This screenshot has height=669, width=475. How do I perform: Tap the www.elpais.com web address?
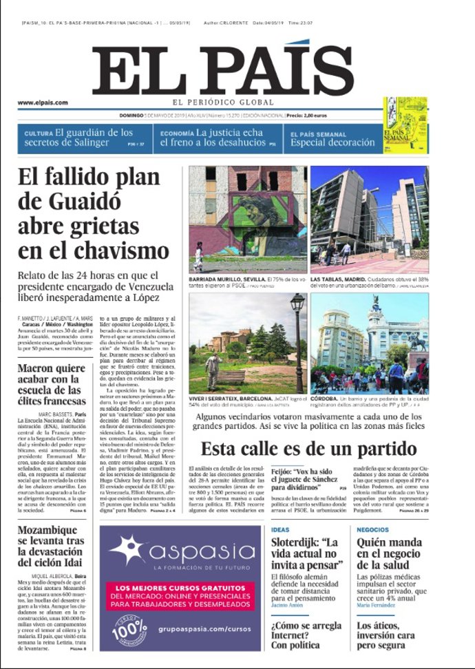(x=43, y=102)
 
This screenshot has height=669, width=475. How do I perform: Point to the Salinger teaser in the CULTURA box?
(x=78, y=138)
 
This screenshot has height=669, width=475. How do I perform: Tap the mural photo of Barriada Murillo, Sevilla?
(x=248, y=219)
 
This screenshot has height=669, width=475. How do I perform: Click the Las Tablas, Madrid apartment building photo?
(x=369, y=219)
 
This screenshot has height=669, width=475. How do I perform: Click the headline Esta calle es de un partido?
(x=308, y=449)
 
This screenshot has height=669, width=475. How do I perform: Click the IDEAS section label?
(x=280, y=529)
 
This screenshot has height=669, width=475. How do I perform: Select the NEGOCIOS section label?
(x=373, y=529)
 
